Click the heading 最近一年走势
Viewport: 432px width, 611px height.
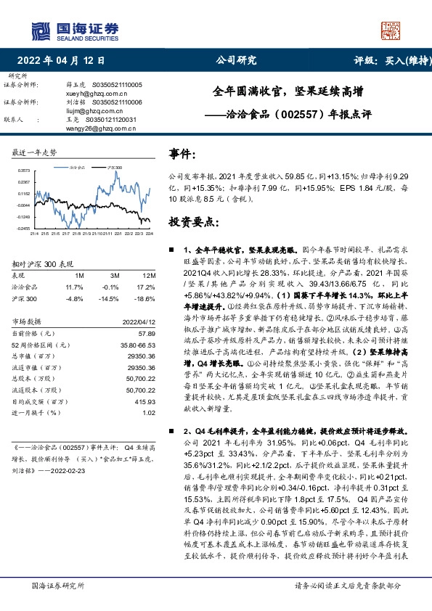pyautogui.click(x=35, y=153)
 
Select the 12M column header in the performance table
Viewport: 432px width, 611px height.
pyautogui.click(x=149, y=276)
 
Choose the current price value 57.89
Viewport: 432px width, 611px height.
pyautogui.click(x=147, y=332)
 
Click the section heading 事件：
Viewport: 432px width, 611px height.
pyautogui.click(x=182, y=155)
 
